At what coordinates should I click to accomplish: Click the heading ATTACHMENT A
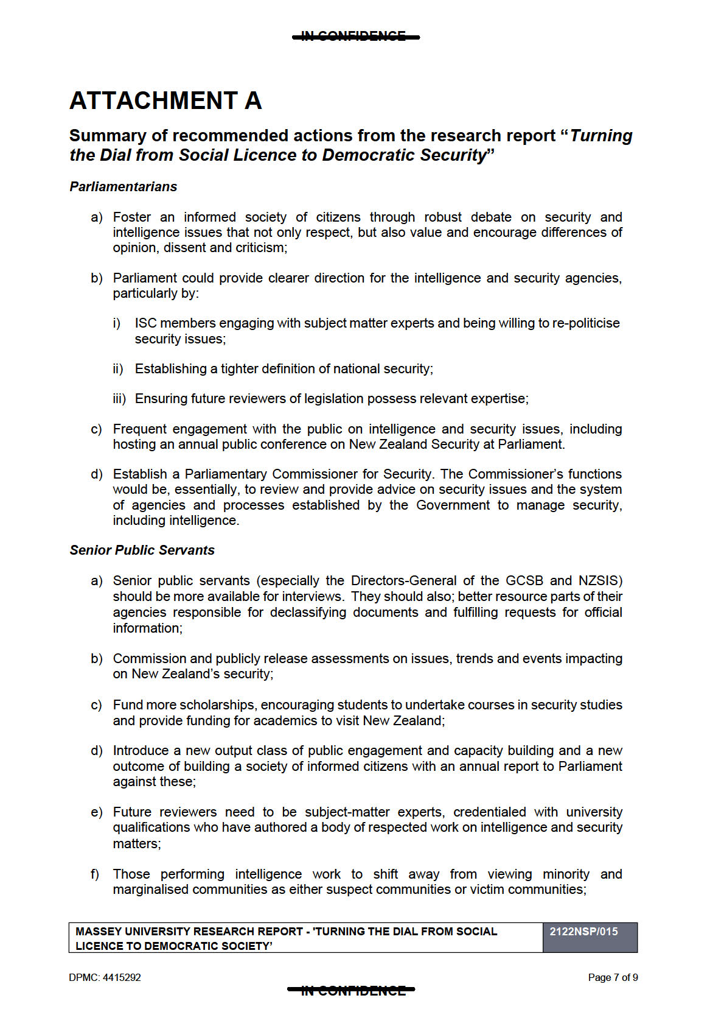165,101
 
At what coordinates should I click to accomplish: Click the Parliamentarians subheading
123,187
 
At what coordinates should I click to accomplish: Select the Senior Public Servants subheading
142,550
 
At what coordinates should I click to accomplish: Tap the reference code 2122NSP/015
583,932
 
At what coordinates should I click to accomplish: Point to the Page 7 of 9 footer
613,978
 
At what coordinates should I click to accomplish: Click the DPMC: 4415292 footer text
105,978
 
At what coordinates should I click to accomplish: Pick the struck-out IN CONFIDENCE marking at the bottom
352,991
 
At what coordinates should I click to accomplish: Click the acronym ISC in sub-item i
145,323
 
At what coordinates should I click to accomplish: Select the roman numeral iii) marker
119,399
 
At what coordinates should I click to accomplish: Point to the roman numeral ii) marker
118,369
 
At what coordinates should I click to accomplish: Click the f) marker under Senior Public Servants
95,875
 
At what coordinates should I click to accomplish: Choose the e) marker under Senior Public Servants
96,813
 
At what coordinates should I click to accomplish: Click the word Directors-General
403,581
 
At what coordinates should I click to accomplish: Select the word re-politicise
586,323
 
